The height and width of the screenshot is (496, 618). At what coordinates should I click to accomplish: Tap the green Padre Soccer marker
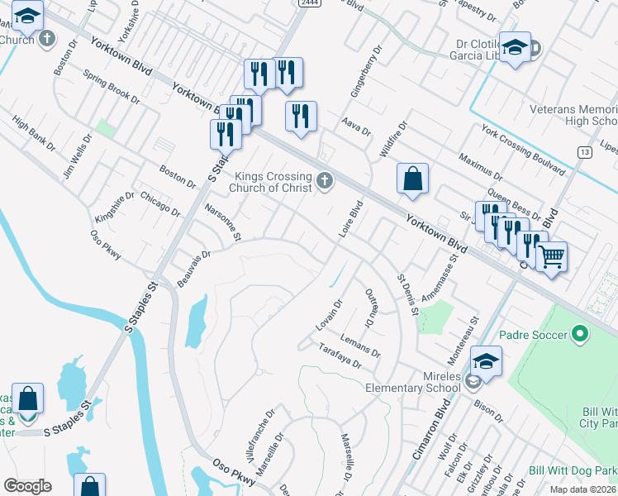(580, 335)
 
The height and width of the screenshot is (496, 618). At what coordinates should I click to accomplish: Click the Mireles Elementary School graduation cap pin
(486, 362)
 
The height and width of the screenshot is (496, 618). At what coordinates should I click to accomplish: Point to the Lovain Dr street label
(329, 316)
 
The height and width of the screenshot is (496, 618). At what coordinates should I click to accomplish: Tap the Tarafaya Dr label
(340, 357)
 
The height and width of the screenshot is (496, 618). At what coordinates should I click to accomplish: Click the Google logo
(27, 486)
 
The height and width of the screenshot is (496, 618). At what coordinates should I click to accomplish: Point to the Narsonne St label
(221, 223)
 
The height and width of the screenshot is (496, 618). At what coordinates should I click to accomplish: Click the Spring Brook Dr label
(112, 86)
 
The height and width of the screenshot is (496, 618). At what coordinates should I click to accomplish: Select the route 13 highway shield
(585, 152)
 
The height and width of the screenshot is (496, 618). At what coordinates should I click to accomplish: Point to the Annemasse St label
(439, 278)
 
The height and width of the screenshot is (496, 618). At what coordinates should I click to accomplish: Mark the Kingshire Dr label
(114, 207)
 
